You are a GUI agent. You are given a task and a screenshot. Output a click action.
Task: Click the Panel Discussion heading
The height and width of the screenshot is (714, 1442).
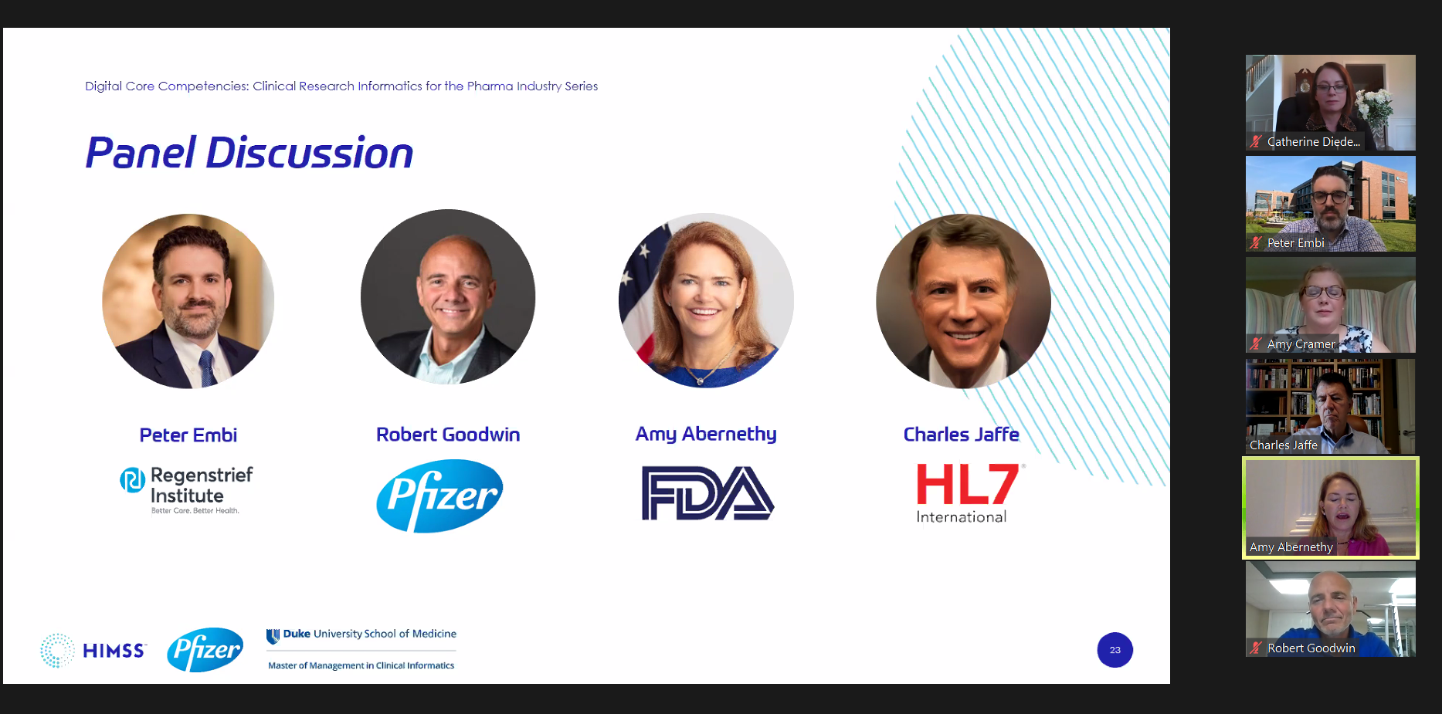point(249,153)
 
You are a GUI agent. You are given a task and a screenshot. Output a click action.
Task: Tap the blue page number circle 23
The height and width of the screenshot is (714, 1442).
point(1115,650)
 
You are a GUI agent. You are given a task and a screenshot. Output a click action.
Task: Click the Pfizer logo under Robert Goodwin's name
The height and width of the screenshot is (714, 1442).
point(439,496)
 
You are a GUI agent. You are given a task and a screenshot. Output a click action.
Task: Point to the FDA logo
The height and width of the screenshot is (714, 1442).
point(707,493)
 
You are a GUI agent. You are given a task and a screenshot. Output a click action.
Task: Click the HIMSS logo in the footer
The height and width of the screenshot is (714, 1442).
point(93,651)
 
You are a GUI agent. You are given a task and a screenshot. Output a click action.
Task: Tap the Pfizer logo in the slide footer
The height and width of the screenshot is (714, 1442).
point(205,650)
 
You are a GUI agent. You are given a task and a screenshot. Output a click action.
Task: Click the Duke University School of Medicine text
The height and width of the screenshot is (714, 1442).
point(361,634)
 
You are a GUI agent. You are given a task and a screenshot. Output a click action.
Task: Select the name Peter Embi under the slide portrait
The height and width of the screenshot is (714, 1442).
point(188,435)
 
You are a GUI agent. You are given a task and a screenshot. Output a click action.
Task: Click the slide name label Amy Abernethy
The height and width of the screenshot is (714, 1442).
point(706,435)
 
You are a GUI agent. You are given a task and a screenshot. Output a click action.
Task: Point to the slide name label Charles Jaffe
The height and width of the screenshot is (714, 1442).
point(962,435)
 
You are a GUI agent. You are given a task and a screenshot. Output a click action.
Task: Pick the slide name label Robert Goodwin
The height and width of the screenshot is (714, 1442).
point(448,435)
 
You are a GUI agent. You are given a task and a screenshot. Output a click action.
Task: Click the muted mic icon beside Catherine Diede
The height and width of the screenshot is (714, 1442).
point(1256,141)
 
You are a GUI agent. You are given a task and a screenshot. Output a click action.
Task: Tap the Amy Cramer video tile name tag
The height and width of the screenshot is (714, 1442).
point(1301,344)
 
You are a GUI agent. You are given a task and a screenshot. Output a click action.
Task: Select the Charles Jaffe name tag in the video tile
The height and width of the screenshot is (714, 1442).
point(1284,445)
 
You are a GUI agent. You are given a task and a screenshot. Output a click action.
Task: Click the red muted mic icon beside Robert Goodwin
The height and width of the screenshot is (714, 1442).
point(1256,648)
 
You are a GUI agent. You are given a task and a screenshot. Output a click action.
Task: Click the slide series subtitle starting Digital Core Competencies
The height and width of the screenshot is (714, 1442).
point(341,86)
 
